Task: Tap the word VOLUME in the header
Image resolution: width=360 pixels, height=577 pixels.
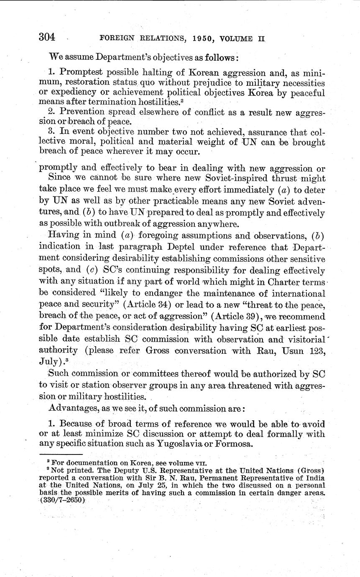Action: [234, 39]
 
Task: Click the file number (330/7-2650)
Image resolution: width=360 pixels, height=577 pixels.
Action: [62, 500]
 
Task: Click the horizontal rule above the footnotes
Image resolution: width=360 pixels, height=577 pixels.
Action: [61, 454]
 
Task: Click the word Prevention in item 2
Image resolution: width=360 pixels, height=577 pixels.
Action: [82, 112]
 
